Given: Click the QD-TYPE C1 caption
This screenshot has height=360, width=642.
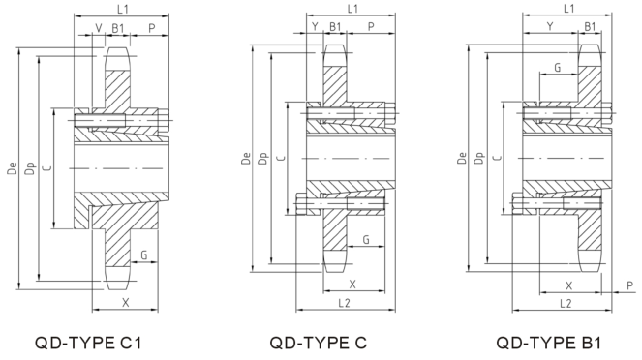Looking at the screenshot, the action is pyautogui.click(x=93, y=342).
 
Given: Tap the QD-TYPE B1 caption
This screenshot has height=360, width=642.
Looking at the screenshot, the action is pyautogui.click(x=549, y=342).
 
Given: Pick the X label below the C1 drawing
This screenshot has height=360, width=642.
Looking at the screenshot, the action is pyautogui.click(x=125, y=302).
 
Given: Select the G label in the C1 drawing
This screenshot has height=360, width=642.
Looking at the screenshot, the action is pyautogui.click(x=143, y=255).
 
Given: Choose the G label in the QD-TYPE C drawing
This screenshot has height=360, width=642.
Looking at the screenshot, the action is pyautogui.click(x=366, y=239).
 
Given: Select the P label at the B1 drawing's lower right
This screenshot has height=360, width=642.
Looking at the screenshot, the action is pyautogui.click(x=630, y=286).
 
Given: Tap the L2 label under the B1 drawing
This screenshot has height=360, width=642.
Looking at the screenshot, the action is pyautogui.click(x=567, y=302).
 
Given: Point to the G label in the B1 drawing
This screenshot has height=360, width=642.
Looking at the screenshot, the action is pyautogui.click(x=557, y=69).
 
